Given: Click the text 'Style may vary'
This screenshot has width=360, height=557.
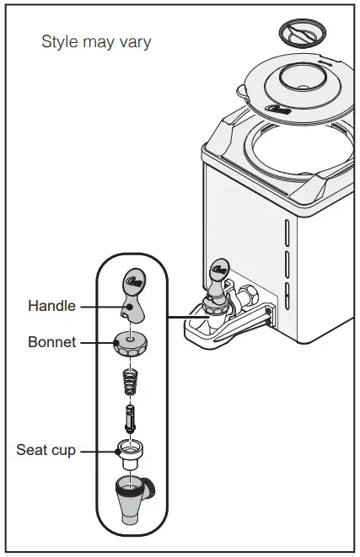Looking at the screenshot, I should (x=96, y=41).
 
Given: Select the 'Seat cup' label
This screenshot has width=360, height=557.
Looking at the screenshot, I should (x=46, y=450).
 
